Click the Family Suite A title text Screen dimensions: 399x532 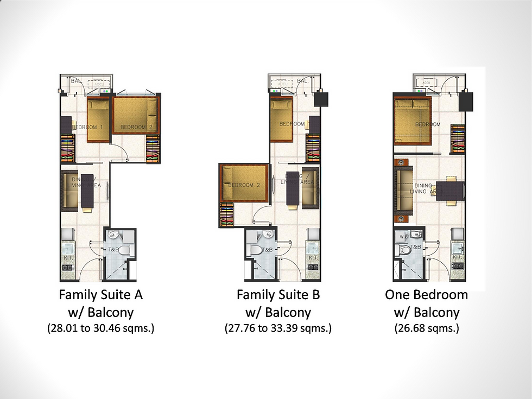(100, 295)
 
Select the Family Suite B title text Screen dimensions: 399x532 (278, 295)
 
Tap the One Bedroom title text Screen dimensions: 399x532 (426, 295)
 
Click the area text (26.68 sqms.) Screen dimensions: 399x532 (426, 329)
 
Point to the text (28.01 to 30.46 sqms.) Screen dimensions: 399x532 (100, 329)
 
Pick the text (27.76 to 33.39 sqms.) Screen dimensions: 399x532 (278, 329)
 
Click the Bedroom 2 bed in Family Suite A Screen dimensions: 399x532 (136, 116)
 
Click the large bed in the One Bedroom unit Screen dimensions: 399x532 (413, 122)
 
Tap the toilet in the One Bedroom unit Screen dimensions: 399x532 (404, 250)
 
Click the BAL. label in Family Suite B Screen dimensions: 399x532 (302, 81)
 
